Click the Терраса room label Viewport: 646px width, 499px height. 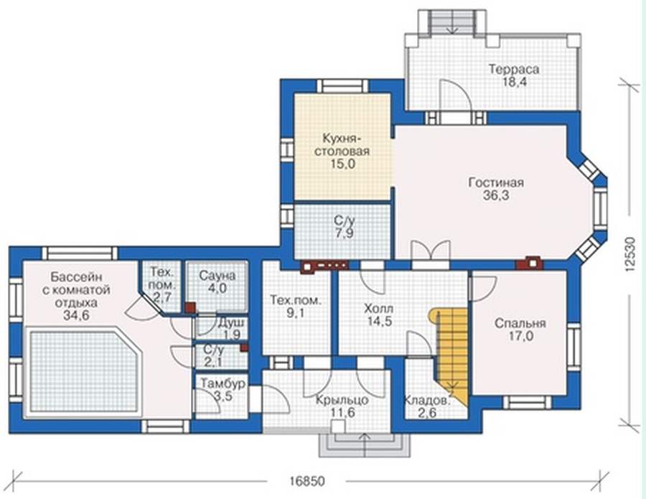pyautogui.click(x=514, y=69)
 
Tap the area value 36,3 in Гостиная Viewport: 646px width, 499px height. pyautogui.click(x=496, y=195)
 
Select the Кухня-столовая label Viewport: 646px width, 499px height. pyautogui.click(x=342, y=144)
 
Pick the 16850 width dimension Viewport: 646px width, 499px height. pyautogui.click(x=307, y=481)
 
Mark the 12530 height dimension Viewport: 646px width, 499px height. pyautogui.click(x=630, y=254)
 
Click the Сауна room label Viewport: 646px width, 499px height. pyautogui.click(x=217, y=276)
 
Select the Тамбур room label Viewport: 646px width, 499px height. pyautogui.click(x=223, y=383)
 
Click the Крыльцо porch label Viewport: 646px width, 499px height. pyautogui.click(x=342, y=400)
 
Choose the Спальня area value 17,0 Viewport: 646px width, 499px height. pyautogui.click(x=520, y=336)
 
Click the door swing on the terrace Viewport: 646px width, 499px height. pyautogui.click(x=455, y=95)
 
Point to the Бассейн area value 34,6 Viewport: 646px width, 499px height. pyautogui.click(x=76, y=316)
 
